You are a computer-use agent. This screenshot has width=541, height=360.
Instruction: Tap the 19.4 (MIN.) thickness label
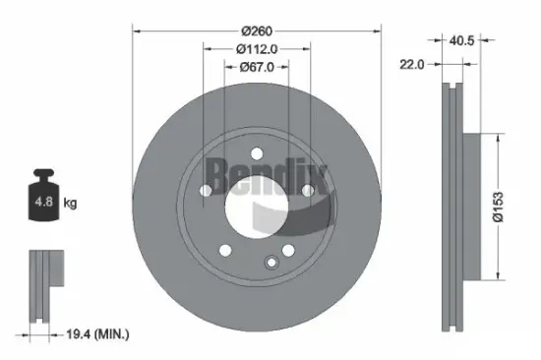click(94, 335)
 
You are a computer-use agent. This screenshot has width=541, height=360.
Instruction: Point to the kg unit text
click(71, 203)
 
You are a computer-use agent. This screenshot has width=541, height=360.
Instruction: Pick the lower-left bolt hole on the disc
click(226, 248)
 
